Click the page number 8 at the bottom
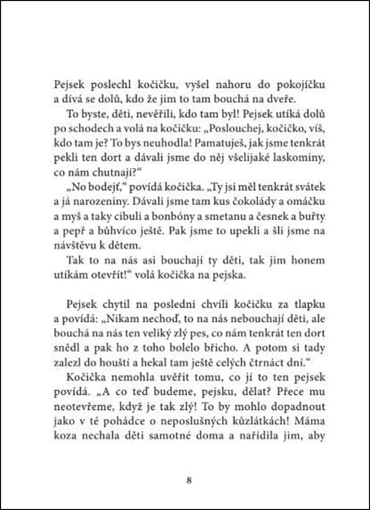189,480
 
